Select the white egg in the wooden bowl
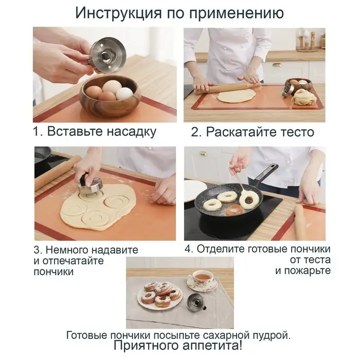pos(124,94)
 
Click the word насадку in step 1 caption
pos(131,132)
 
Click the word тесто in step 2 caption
pos(297,132)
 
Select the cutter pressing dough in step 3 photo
pos(90,184)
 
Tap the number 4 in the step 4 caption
pos(189,249)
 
